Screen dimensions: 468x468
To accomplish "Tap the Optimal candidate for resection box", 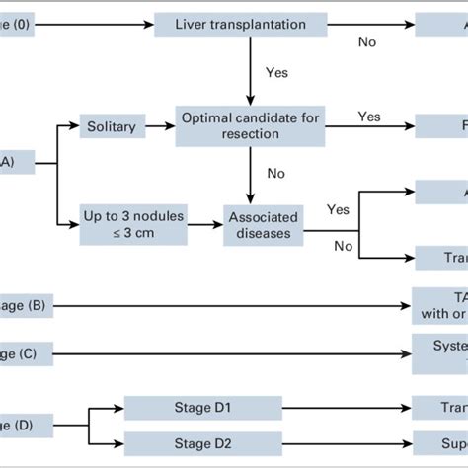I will click(x=250, y=125).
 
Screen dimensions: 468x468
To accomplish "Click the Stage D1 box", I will click(x=202, y=406).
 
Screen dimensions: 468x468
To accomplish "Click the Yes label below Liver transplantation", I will click(x=277, y=72).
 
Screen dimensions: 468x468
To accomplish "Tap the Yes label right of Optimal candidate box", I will click(x=368, y=117).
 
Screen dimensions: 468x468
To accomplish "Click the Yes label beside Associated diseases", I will click(x=338, y=209).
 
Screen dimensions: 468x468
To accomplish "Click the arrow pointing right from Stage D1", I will click(x=346, y=406).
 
